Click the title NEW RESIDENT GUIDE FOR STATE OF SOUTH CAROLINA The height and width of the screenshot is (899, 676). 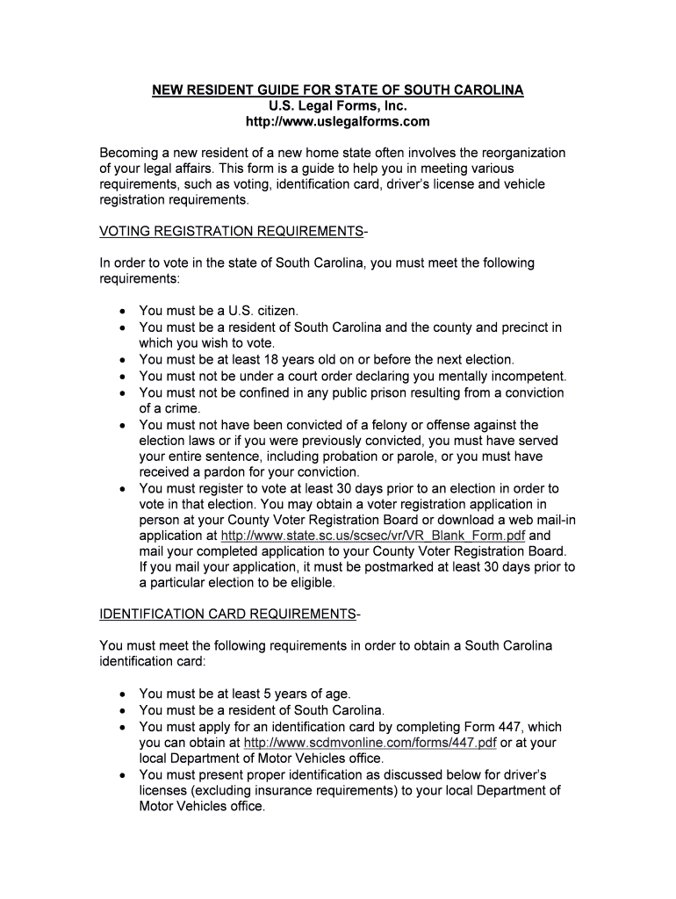pos(338,90)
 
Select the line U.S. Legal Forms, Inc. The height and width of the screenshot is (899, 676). pos(338,105)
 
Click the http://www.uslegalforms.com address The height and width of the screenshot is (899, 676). pos(338,121)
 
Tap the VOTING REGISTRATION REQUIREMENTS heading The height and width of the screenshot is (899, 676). pos(231,232)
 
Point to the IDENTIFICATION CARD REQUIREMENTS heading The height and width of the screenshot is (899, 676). pos(227,613)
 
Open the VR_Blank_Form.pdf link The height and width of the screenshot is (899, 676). pos(373,536)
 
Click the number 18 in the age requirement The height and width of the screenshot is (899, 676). pos(281,360)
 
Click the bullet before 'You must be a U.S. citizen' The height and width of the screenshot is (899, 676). pos(122,312)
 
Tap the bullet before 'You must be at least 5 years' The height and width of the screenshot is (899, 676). pos(122,694)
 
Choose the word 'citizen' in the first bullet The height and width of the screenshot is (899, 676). pos(273,311)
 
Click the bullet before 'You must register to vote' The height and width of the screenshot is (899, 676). pos(122,489)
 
